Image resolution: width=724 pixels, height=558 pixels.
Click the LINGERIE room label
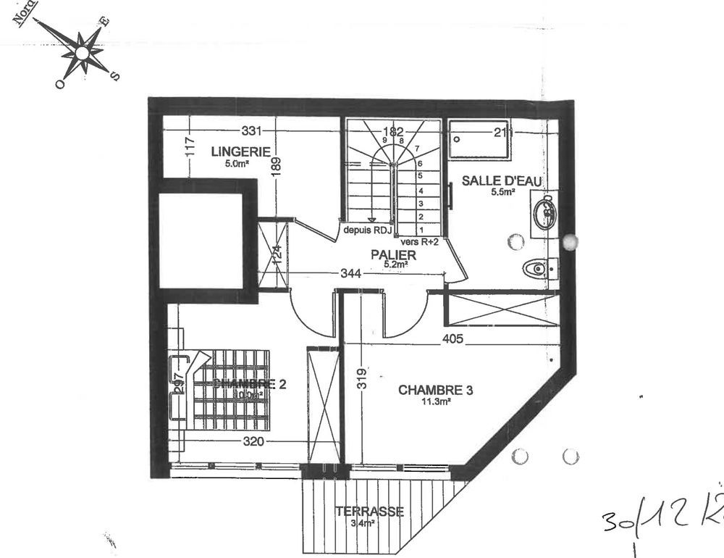coord(241,151)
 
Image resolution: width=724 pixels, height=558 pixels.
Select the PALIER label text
coord(393,255)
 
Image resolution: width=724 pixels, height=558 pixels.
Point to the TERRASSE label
coord(369,512)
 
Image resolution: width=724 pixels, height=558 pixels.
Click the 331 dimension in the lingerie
coord(251,131)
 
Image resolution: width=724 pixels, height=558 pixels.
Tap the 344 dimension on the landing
coord(352,273)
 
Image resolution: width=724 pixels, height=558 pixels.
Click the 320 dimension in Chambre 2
coord(253,441)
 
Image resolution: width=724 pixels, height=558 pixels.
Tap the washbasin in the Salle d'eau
coord(545,212)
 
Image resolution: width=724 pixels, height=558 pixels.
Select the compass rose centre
coord(83,52)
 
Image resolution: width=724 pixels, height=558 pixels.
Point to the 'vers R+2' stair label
coord(419,243)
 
